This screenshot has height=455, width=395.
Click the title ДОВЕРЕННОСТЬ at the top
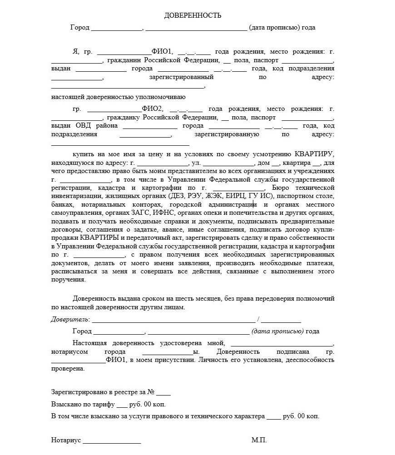click(193, 15)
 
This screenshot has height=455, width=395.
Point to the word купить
click(83, 154)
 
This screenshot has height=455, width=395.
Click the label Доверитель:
click(70, 319)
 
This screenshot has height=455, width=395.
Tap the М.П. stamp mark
click(259, 440)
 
